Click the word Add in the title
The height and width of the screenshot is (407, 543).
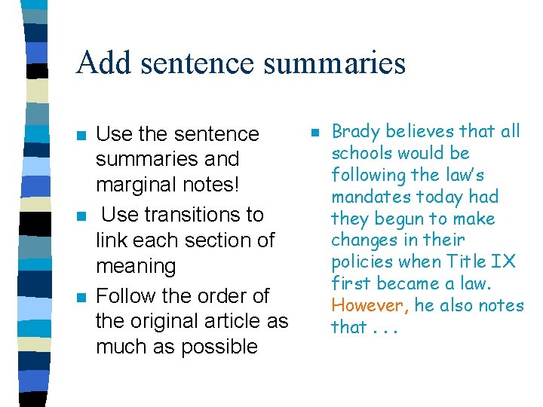(x=101, y=63)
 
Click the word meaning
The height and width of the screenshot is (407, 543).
(x=136, y=266)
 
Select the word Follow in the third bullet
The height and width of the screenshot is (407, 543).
(x=128, y=295)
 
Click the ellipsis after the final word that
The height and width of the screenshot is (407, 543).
(x=386, y=329)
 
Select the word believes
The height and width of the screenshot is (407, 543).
(x=417, y=132)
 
